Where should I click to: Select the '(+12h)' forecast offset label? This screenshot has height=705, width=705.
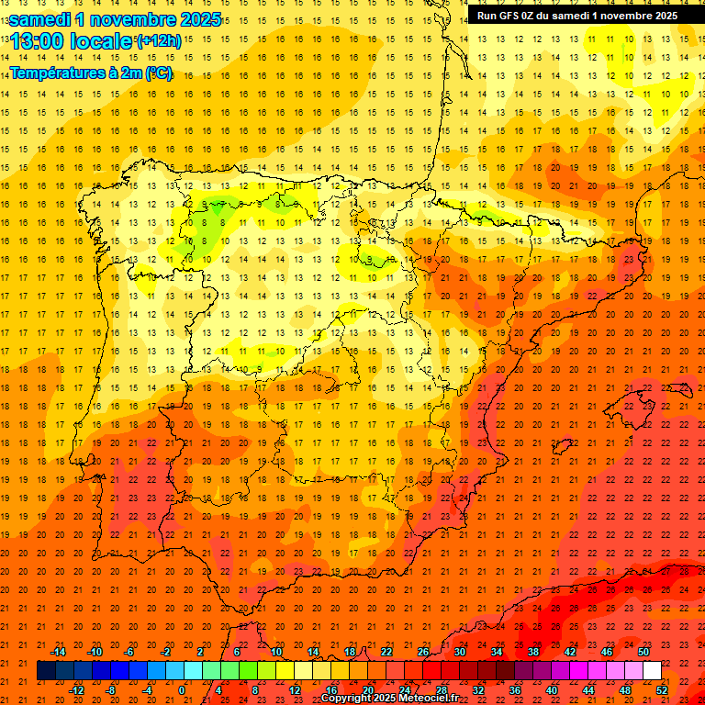click(159, 40)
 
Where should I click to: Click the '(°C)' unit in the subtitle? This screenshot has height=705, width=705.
click(158, 73)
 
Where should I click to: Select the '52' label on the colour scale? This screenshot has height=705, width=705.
click(662, 689)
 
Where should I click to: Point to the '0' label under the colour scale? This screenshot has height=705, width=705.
click(182, 689)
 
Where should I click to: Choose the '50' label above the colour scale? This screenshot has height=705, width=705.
click(643, 652)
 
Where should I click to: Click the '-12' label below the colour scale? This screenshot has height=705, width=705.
click(77, 689)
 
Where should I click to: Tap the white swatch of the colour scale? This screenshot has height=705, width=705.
click(652, 671)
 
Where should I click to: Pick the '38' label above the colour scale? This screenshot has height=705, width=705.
click(533, 652)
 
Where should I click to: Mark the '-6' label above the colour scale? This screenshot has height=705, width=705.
click(129, 652)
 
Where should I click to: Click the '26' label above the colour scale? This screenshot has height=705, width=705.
click(423, 652)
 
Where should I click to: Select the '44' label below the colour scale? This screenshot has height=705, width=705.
click(588, 689)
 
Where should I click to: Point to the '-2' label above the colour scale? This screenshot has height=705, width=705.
click(166, 652)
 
